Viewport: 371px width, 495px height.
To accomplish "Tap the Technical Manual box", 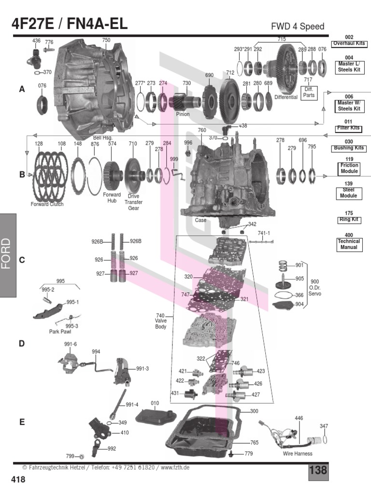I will [349, 244].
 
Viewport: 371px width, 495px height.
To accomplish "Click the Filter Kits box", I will [349, 128].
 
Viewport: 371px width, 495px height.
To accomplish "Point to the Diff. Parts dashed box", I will [308, 92].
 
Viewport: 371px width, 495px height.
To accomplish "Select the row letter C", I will [22, 260].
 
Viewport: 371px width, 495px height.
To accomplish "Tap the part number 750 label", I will [106, 40].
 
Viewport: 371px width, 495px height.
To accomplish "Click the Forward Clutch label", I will [47, 204].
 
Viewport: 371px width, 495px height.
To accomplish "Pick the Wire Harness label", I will [298, 453].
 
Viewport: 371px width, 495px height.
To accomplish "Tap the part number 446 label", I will [299, 418].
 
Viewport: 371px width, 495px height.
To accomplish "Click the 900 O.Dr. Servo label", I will [315, 288].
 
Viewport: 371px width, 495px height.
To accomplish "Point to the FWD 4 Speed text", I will [298, 26].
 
